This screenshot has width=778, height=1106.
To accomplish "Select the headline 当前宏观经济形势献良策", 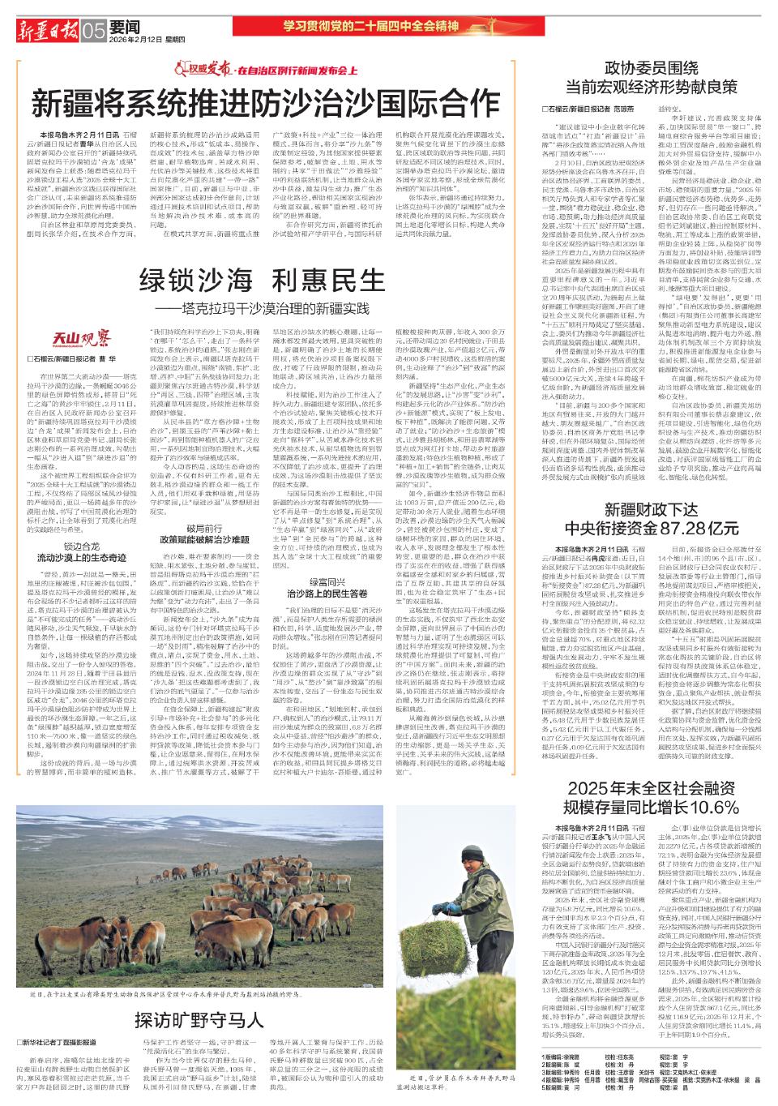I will [652, 86].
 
